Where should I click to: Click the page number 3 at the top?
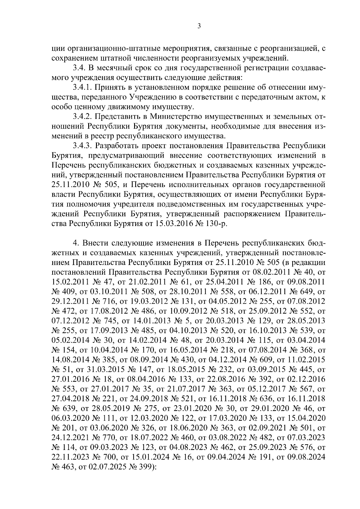(x=199, y=26)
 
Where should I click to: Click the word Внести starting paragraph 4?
(x=95, y=243)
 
